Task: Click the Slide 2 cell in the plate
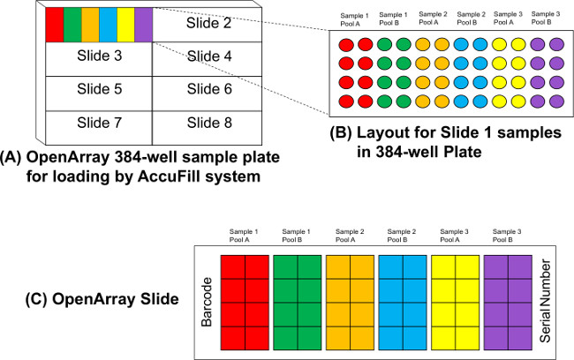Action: click(208, 23)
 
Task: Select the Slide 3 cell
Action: click(98, 56)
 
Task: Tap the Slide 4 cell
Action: click(208, 56)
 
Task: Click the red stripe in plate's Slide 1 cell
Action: click(54, 23)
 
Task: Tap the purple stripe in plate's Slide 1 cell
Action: click(144, 23)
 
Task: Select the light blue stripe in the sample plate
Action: click(108, 23)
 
